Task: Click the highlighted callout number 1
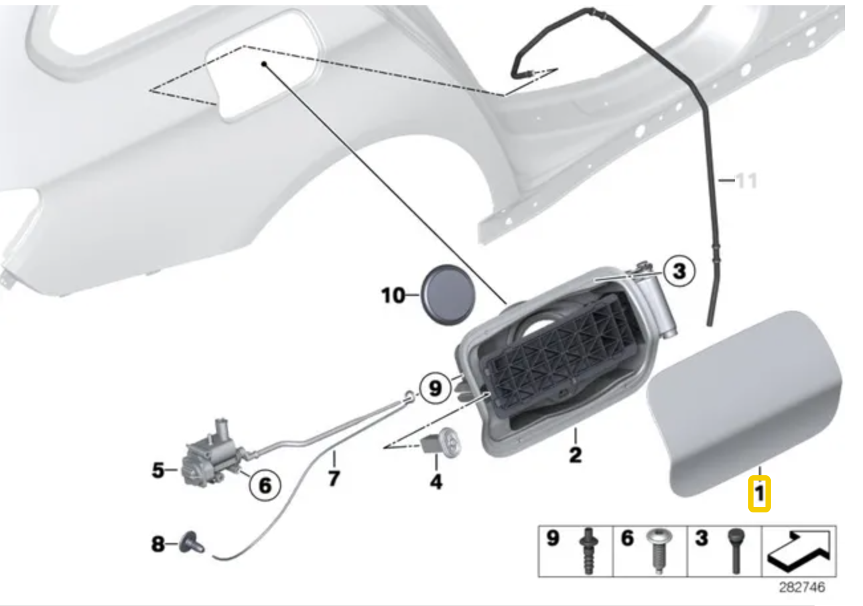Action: (759, 494)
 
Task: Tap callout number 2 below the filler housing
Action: (575, 455)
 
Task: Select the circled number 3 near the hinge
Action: (679, 271)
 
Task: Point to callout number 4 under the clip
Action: (436, 482)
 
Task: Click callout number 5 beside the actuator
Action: (159, 471)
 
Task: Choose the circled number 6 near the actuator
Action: (265, 485)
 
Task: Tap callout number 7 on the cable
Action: (334, 479)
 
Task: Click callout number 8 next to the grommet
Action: (158, 544)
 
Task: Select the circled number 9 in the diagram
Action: (435, 388)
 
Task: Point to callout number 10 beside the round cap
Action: (393, 295)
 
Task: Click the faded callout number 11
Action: (747, 181)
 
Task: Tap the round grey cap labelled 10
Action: (448, 295)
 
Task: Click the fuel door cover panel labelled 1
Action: (744, 404)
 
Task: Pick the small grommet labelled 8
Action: (192, 543)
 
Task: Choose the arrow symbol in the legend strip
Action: (799, 552)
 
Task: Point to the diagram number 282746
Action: (802, 587)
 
